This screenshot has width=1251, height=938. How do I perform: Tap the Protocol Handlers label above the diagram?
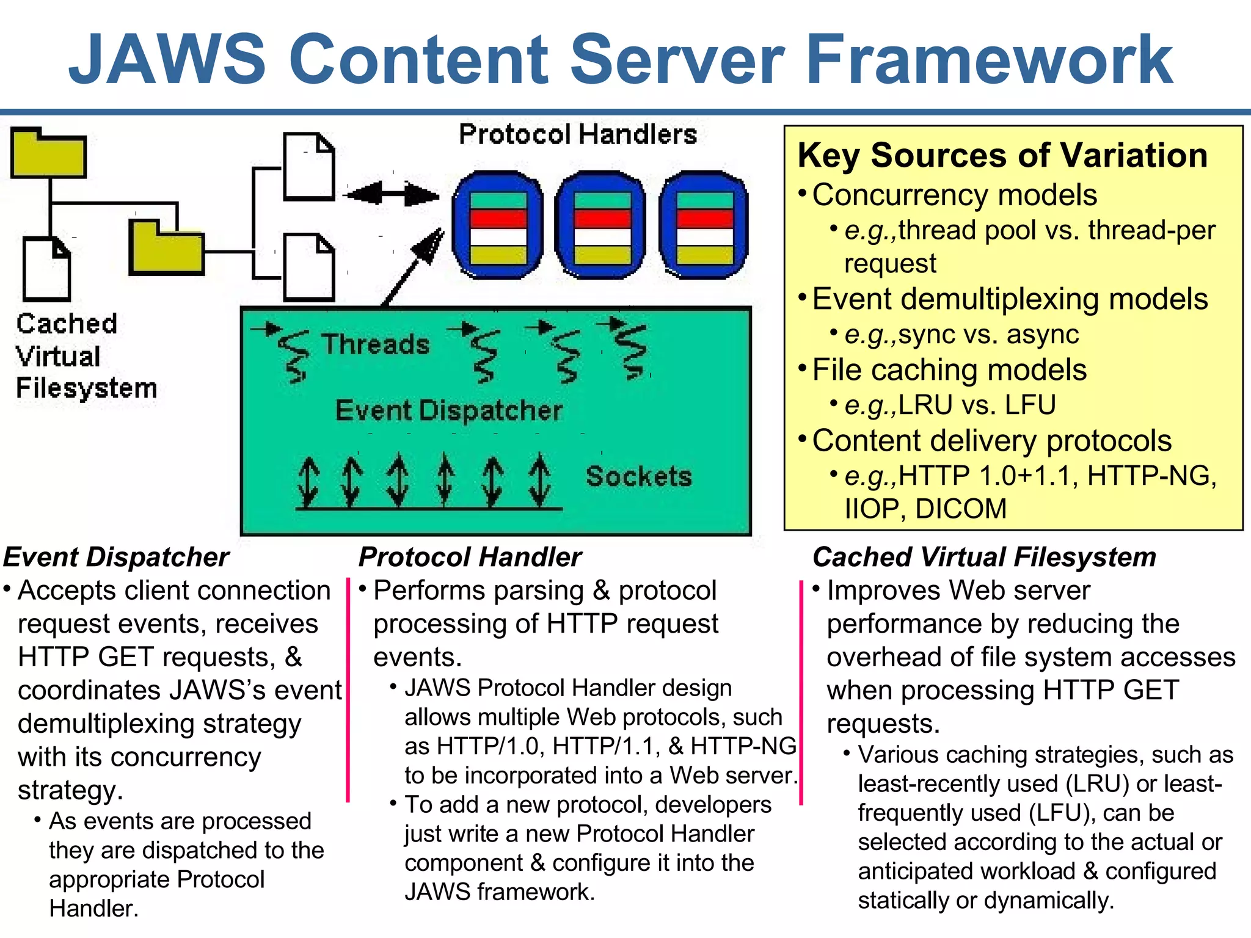point(577,134)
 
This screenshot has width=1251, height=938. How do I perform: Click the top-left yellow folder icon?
point(48,154)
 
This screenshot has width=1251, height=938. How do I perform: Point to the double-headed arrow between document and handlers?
point(392,195)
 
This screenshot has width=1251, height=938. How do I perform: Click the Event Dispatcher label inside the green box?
point(448,410)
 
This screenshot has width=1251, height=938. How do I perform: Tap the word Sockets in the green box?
point(638,476)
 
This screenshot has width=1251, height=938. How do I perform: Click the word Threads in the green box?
point(376,344)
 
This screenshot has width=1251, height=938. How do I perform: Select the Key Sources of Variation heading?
point(1002,155)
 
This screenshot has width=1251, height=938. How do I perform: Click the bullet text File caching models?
point(949,370)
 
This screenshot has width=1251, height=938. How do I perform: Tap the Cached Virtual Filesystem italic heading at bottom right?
point(984,557)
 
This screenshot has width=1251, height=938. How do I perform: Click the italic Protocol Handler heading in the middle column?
point(470,557)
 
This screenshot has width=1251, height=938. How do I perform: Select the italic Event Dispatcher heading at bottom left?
point(116,557)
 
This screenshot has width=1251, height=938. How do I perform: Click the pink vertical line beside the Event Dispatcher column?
point(348,690)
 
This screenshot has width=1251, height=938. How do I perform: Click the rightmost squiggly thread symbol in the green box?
point(633,351)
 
